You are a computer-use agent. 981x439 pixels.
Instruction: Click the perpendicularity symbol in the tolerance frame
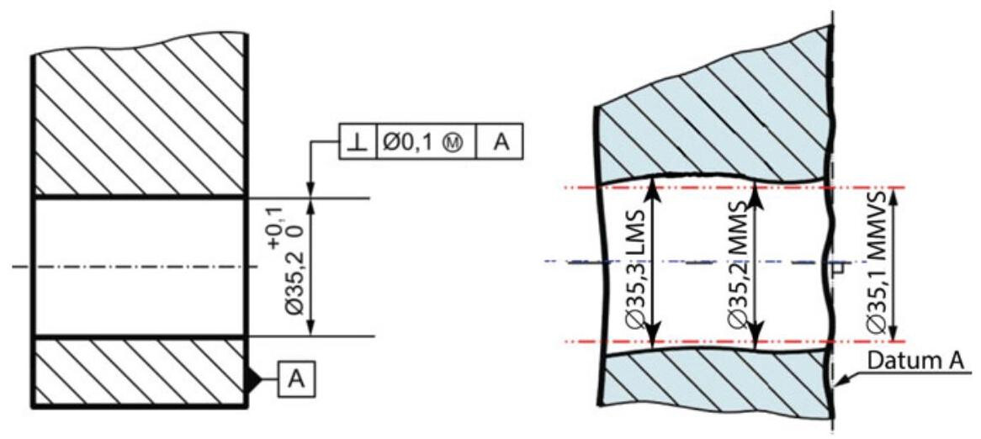point(358,143)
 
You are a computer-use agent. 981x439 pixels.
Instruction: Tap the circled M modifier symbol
point(453,143)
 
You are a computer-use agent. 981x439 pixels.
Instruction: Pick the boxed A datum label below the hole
point(297,379)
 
